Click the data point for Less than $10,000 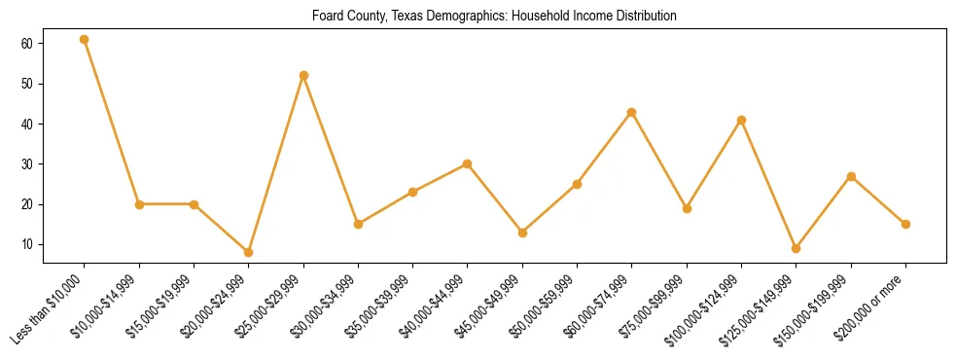click(85, 40)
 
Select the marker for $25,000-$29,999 click(304, 75)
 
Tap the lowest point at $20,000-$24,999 click(249, 252)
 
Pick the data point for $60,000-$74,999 click(632, 112)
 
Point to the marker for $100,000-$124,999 click(742, 120)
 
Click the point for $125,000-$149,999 click(797, 248)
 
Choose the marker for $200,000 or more click(905, 224)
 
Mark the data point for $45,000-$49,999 click(523, 233)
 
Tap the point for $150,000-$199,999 click(851, 176)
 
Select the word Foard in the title click(328, 17)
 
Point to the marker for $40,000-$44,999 click(468, 163)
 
